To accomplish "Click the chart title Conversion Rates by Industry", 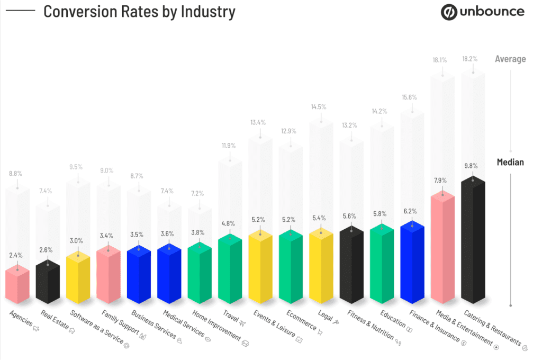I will click(x=139, y=11).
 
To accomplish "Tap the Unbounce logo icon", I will click(x=449, y=12).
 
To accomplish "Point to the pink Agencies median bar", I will click(x=17, y=286).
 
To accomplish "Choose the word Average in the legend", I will click(x=510, y=59).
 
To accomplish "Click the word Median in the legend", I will click(x=510, y=162).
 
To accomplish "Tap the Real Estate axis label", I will click(x=56, y=321).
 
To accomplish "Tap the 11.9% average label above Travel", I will click(x=230, y=145).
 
